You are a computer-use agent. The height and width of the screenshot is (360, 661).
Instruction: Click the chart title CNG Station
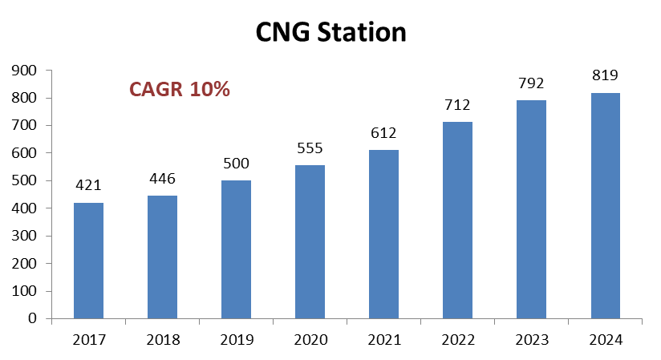click(x=330, y=32)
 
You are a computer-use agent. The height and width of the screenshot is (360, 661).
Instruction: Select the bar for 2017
click(x=88, y=261)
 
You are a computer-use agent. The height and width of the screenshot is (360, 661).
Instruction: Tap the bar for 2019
click(x=236, y=249)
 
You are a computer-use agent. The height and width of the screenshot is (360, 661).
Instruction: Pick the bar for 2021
click(x=383, y=234)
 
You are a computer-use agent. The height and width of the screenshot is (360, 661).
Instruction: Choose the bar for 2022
click(x=458, y=220)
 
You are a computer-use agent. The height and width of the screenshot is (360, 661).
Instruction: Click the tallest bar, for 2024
click(x=606, y=205)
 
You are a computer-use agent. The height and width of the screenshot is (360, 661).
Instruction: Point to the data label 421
click(x=88, y=185)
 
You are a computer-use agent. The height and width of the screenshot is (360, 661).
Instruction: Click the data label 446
click(x=162, y=178)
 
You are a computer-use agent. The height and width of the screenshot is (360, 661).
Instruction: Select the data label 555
click(x=310, y=148)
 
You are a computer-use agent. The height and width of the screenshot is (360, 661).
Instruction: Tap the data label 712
click(x=458, y=105)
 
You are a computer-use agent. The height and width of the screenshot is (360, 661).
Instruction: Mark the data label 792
click(x=532, y=83)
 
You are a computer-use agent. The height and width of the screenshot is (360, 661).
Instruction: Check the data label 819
click(x=606, y=75)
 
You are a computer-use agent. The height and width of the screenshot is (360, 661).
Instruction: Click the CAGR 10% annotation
click(x=180, y=90)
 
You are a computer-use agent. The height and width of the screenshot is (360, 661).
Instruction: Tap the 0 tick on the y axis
click(x=34, y=318)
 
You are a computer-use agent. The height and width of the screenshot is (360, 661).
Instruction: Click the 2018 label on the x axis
click(x=162, y=340)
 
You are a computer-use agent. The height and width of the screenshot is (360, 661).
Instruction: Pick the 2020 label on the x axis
click(x=310, y=340)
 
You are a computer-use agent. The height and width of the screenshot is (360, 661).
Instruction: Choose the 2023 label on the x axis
click(x=532, y=340)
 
